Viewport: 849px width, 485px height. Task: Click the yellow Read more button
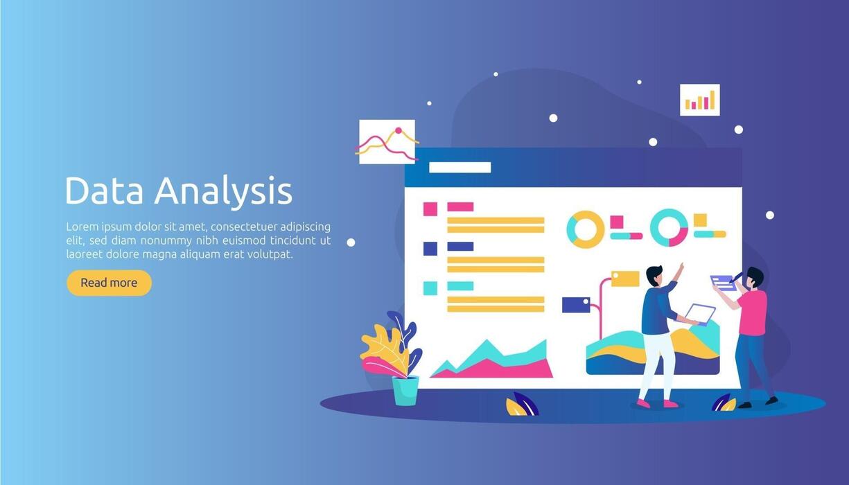[x=110, y=283]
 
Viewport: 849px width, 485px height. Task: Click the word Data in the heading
[x=104, y=191]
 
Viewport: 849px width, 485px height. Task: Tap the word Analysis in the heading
[x=223, y=192]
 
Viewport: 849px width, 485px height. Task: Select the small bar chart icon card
[x=700, y=100]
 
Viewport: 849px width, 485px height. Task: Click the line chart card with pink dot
[x=387, y=142]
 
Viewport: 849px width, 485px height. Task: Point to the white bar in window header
[x=459, y=168]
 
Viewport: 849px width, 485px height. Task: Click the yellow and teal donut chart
[x=586, y=229]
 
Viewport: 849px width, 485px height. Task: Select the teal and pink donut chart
[x=669, y=228]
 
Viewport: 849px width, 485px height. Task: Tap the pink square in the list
[x=430, y=209]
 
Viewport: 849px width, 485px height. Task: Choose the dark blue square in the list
[x=430, y=249]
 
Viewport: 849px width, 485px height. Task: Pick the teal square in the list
[x=430, y=288]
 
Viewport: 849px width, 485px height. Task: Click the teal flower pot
[x=405, y=391]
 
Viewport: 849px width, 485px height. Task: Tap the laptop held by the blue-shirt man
[x=699, y=314]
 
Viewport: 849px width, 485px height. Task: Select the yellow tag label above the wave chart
[x=625, y=279]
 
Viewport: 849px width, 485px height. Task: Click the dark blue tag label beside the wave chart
[x=576, y=306]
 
